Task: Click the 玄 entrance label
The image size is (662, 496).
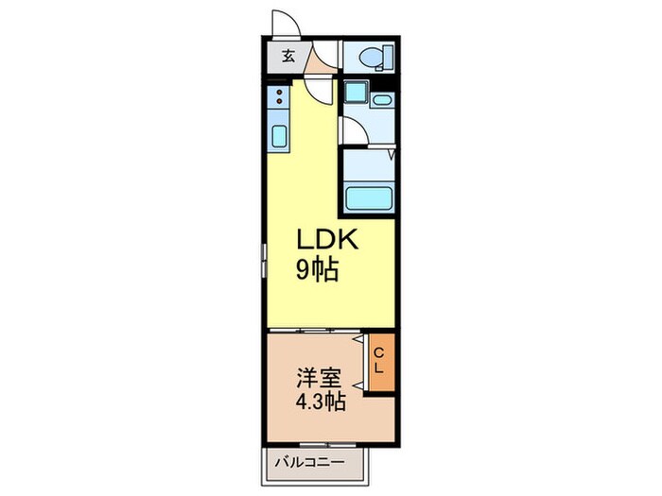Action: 287,56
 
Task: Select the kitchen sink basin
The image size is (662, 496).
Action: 279,135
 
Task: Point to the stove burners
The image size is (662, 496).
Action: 279,95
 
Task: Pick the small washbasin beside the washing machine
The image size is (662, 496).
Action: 382,99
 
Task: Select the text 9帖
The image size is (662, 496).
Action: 318,271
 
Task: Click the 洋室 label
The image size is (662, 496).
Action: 314,378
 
